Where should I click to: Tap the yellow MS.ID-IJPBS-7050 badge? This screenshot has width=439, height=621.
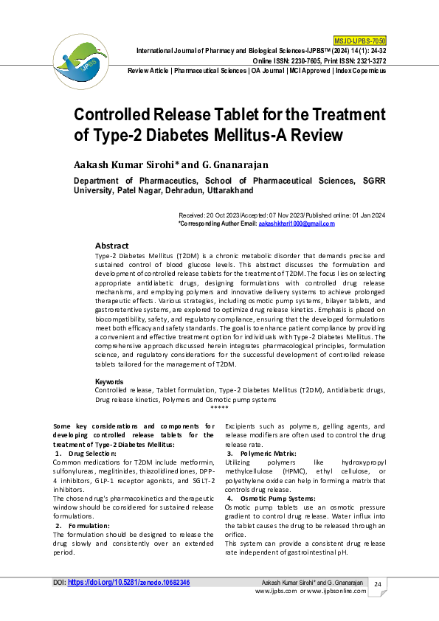[x=360, y=39]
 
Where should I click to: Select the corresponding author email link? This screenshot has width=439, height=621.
[x=291, y=223]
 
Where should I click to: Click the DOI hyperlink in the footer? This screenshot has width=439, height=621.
[x=129, y=583]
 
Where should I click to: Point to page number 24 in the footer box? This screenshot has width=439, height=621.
[x=377, y=585]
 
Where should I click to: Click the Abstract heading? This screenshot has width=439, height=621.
[x=112, y=246]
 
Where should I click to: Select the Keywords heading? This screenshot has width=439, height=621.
[x=109, y=381]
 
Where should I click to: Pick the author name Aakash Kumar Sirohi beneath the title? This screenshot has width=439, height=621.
[x=125, y=163]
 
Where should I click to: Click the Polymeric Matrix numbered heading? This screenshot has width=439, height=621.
[x=267, y=453]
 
